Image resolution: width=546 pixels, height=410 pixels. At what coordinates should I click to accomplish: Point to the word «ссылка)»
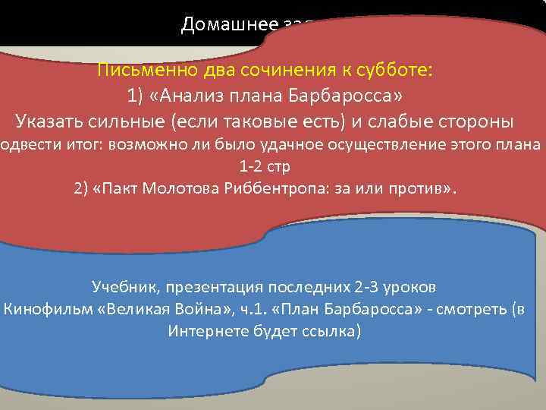tap(335, 331)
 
